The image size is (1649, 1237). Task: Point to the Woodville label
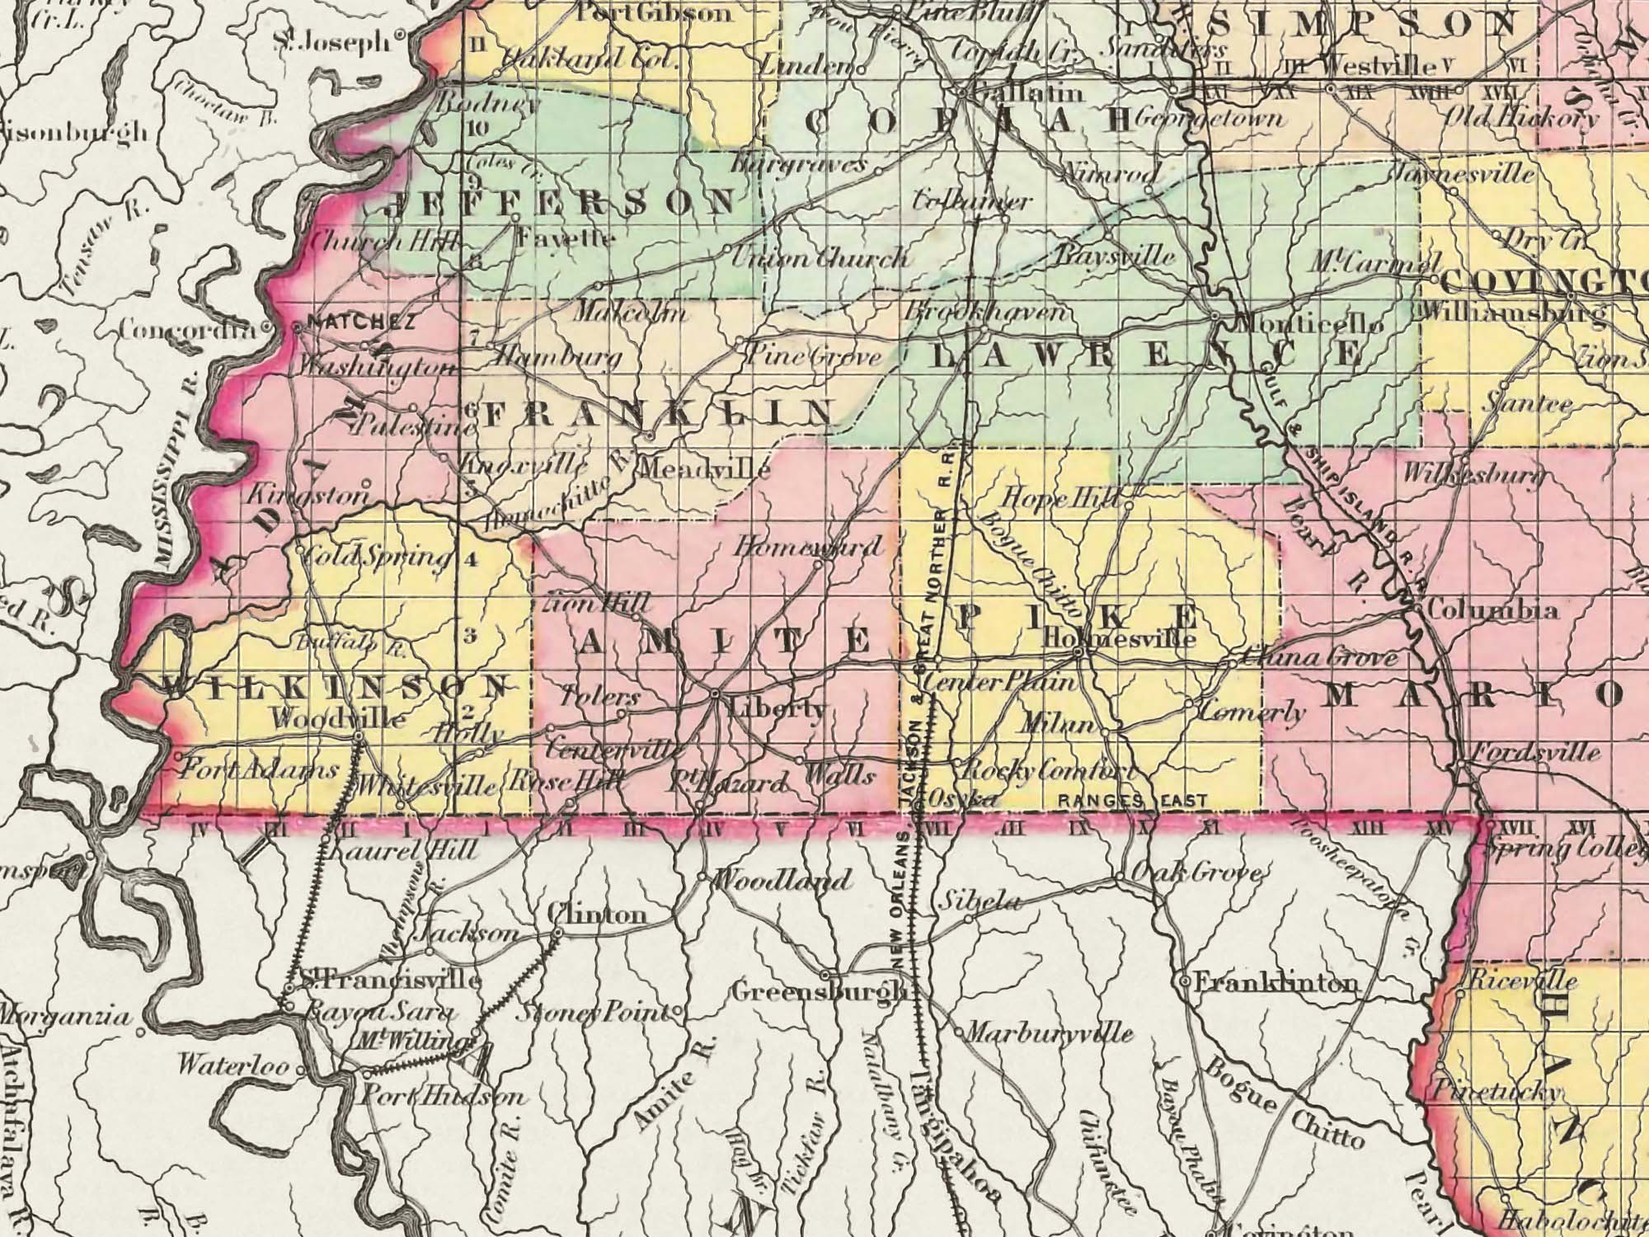(338, 719)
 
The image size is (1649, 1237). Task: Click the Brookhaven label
(987, 313)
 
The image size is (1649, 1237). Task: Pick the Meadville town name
(705, 470)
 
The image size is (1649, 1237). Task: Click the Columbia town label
(1492, 611)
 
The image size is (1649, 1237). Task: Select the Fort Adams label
(258, 771)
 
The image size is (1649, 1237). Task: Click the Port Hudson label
(444, 1098)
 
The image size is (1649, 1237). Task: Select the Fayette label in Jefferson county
(566, 239)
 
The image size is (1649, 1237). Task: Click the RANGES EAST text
(1132, 801)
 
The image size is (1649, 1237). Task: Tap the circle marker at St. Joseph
(400, 35)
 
